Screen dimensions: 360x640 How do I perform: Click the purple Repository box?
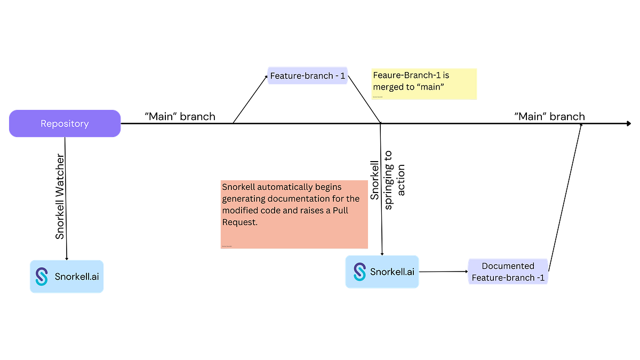pos(65,124)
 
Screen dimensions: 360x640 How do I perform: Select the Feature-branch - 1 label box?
pos(307,76)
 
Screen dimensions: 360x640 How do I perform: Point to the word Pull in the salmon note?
pos(340,211)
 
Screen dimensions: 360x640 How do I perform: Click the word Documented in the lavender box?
pos(508,266)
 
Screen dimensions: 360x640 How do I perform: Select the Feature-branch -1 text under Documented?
pos(508,278)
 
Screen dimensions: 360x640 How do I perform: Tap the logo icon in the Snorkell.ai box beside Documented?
pos(360,272)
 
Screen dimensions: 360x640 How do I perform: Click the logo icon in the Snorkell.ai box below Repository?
pos(42,276)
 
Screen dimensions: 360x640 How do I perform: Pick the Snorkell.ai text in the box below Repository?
pos(76,277)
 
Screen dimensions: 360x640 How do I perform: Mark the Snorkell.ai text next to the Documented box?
pos(392,272)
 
